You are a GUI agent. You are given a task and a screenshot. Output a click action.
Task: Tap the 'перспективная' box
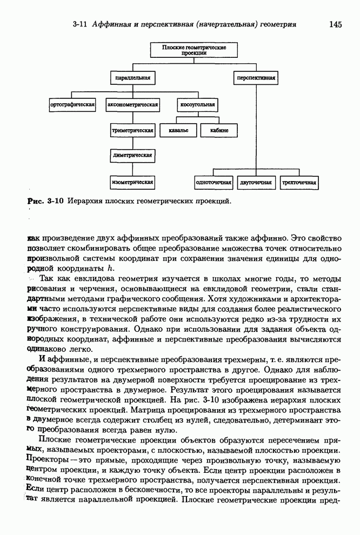click(x=255, y=78)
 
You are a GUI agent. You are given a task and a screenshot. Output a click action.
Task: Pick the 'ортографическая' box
click(x=72, y=104)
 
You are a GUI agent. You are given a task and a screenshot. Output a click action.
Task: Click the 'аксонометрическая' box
click(x=133, y=104)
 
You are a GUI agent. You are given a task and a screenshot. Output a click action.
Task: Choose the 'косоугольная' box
click(x=196, y=104)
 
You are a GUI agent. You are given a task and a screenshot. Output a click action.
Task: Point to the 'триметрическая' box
click(x=133, y=130)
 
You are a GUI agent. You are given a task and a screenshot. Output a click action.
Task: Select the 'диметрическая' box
click(x=133, y=156)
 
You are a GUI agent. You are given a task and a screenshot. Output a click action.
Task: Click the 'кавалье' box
click(x=178, y=130)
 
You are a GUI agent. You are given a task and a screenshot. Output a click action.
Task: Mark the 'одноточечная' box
click(x=214, y=183)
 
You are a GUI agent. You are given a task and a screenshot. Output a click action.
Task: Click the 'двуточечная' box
click(x=255, y=183)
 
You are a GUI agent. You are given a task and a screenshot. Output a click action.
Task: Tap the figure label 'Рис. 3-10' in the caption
click(x=46, y=201)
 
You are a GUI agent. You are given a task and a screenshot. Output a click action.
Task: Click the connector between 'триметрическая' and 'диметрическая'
click(x=133, y=143)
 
